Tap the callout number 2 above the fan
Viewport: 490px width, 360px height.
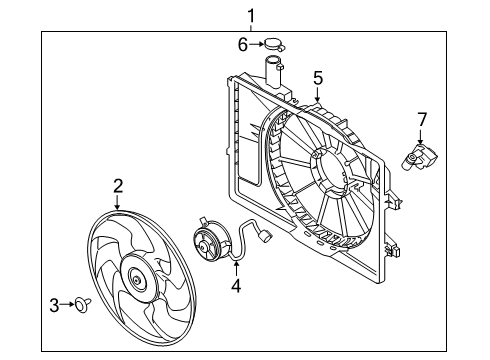(x=117, y=184)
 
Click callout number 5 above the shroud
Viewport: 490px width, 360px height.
(x=317, y=76)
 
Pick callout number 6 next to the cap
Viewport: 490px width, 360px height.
(x=242, y=43)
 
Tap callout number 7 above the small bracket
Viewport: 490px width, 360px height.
(x=421, y=121)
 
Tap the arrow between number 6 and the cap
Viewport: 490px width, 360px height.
(x=256, y=44)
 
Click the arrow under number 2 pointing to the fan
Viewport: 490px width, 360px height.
(x=117, y=200)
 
